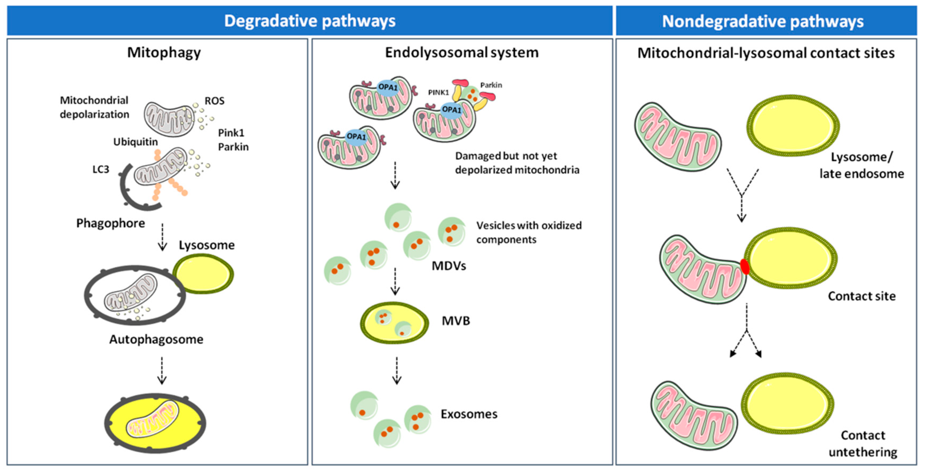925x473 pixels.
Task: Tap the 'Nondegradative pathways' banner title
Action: (x=763, y=21)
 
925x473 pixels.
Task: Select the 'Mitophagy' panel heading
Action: (x=164, y=52)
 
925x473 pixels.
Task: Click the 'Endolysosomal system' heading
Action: (x=462, y=52)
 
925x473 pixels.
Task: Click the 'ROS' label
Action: (x=214, y=101)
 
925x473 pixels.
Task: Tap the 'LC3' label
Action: (x=101, y=169)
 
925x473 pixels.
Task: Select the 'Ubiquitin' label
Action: (x=135, y=142)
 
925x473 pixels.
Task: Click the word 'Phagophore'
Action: (x=111, y=223)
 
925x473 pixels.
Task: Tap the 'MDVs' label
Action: (x=449, y=266)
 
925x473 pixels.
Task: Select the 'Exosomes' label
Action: (x=469, y=414)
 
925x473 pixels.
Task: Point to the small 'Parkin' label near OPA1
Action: (x=491, y=85)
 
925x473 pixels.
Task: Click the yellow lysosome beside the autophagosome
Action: (x=203, y=274)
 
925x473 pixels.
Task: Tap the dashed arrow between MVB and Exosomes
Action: (x=396, y=370)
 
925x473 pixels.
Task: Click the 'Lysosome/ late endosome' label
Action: (x=861, y=165)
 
